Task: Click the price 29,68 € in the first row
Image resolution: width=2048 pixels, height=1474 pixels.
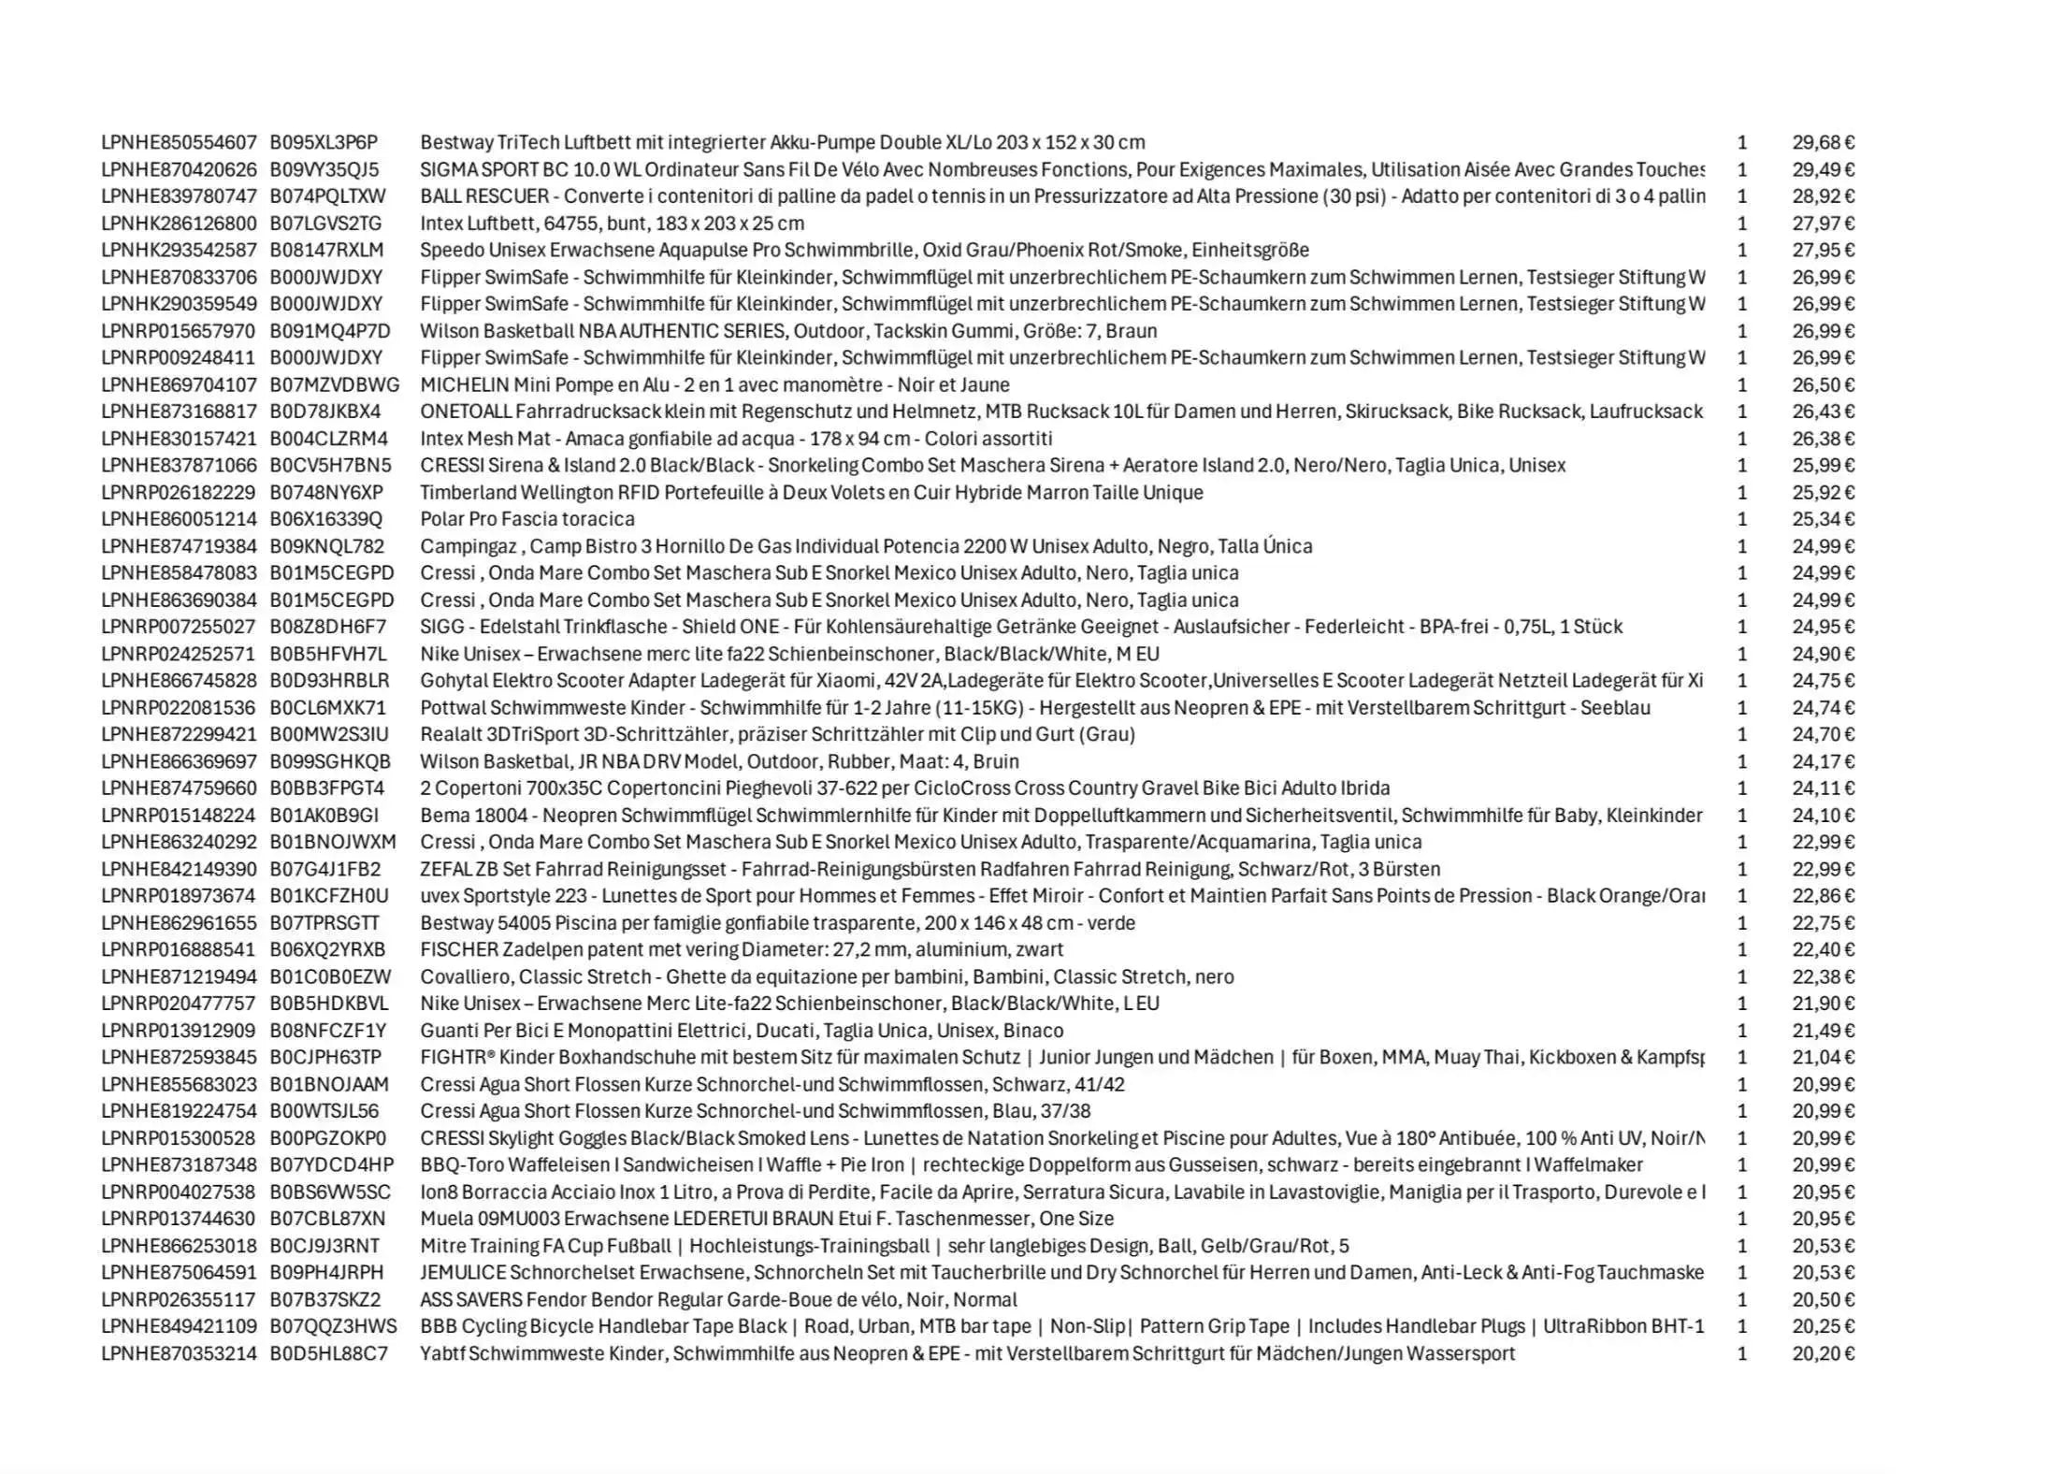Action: click(1823, 142)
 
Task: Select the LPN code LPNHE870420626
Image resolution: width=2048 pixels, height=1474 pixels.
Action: click(179, 169)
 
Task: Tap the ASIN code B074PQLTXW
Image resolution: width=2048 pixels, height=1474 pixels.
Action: click(327, 196)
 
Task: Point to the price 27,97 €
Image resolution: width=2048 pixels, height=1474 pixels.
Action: click(1823, 224)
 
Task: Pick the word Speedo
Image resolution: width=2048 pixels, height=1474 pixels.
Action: click(449, 250)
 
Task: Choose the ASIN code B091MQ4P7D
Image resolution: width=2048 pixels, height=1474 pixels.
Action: click(330, 331)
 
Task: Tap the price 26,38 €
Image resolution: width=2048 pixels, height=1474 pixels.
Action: click(1823, 439)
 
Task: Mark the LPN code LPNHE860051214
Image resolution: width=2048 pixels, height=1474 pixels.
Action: click(179, 519)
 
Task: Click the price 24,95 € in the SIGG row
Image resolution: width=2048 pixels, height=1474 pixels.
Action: click(1823, 627)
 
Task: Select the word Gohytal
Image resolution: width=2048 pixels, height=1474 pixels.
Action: click(454, 681)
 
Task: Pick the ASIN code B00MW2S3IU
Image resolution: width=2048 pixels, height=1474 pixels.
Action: click(329, 734)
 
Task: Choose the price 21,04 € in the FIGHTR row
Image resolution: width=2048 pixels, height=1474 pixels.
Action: click(1823, 1057)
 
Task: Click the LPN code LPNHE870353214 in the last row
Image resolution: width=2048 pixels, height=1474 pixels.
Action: click(179, 1353)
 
